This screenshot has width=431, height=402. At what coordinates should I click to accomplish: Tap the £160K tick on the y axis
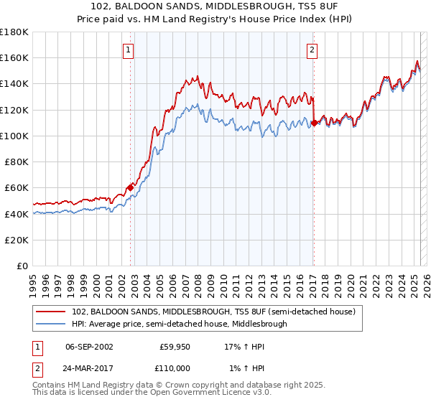tap(14, 57)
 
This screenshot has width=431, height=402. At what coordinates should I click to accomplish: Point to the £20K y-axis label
tap(17, 240)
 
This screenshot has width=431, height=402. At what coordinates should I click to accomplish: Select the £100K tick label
tap(14, 136)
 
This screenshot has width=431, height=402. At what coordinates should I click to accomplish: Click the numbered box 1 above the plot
tap(128, 50)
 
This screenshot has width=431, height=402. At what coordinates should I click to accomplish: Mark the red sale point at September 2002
tap(131, 187)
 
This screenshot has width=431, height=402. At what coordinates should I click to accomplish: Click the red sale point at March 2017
tap(314, 123)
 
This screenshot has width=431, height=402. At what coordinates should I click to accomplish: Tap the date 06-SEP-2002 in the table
tap(89, 346)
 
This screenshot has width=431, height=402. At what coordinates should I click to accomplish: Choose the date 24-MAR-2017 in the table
tap(89, 367)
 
